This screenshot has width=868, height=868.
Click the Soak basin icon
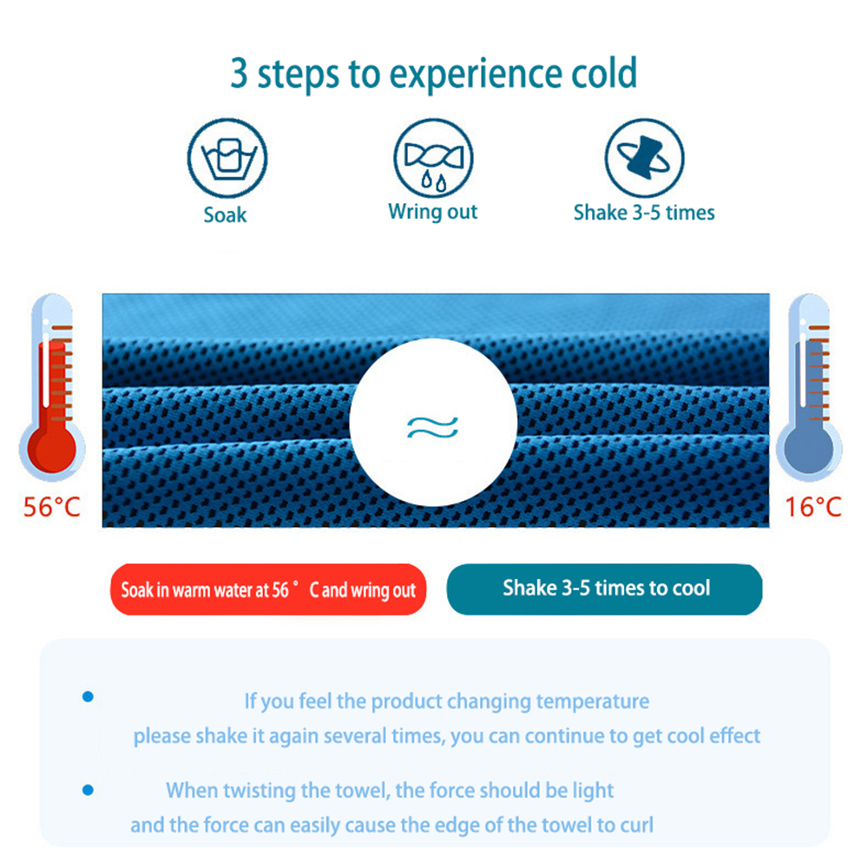pos(227,158)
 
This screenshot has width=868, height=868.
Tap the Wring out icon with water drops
pos(433,158)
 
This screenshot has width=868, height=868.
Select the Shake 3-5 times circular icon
pos(644,158)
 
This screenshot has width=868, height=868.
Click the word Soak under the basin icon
pos(225,214)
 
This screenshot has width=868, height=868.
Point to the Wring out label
pos(433,212)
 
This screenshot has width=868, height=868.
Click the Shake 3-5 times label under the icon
pos(644,213)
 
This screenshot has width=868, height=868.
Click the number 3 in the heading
pos(239,73)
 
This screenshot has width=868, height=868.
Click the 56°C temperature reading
pos(51,507)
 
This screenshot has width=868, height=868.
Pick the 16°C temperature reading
pos(813,507)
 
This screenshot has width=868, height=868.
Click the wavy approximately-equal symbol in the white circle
pos(432,427)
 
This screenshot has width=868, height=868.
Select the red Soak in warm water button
pos(268,589)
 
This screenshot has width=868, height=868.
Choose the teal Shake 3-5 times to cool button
pos(604,589)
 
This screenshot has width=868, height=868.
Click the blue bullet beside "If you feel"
pos(88,696)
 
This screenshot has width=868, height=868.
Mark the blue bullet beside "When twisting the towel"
pos(88,790)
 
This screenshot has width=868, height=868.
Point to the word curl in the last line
pos(636,825)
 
